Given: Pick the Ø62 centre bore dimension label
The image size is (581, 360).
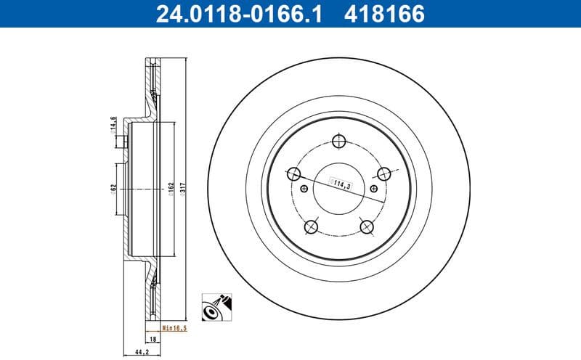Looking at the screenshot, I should tap(114, 188).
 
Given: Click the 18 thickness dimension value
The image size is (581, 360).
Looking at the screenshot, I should tap(153, 339).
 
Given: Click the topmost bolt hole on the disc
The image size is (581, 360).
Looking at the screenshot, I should tap(339, 142).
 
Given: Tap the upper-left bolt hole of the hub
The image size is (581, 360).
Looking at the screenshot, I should tap(294, 173).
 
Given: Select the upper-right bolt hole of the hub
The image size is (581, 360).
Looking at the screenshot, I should tap(384, 173).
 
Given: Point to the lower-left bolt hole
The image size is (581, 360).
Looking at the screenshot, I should tap(312, 227).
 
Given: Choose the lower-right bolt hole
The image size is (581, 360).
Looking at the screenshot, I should tap(367, 227).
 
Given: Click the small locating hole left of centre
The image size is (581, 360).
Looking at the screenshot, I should tap(304, 189).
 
